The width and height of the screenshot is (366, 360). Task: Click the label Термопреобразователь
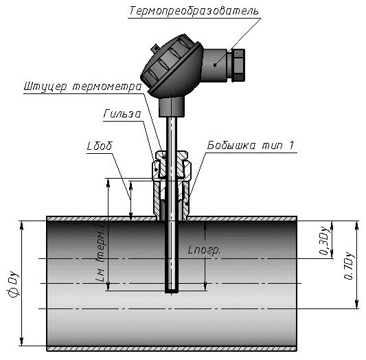[x=194, y=11]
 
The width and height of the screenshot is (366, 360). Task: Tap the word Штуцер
[x=45, y=87]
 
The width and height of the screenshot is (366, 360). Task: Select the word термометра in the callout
[x=107, y=87]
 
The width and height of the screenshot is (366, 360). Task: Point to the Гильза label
[x=122, y=114]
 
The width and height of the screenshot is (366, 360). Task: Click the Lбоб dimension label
[x=100, y=146]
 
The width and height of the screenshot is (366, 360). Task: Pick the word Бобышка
[x=231, y=145]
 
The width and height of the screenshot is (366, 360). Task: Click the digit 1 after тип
[x=291, y=145]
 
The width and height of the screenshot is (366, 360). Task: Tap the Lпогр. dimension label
[x=204, y=251]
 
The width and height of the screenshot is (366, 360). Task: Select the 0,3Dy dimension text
[x=325, y=240]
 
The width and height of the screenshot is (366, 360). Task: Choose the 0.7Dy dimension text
[x=349, y=265]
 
